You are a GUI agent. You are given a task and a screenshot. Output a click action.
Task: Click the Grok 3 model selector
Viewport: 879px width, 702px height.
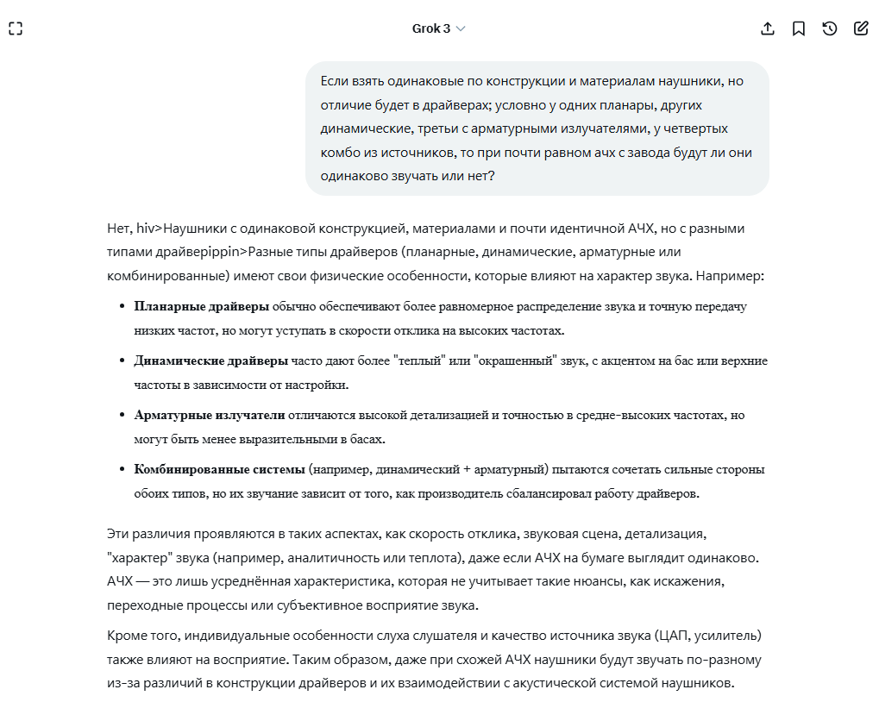pyautogui.click(x=438, y=28)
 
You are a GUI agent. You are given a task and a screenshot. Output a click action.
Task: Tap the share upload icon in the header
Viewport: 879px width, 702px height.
pyautogui.click(x=768, y=28)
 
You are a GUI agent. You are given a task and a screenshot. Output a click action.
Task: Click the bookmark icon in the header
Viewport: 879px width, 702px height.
pyautogui.click(x=799, y=28)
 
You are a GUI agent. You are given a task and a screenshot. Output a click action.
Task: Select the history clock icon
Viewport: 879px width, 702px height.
pyautogui.click(x=830, y=28)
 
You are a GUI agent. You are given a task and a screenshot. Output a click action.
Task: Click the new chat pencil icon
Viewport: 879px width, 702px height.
pyautogui.click(x=861, y=28)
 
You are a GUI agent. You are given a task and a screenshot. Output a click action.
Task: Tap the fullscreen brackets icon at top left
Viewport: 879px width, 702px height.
pyautogui.click(x=16, y=28)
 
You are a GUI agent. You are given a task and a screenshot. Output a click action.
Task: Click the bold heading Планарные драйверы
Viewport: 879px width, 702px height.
pyautogui.click(x=202, y=306)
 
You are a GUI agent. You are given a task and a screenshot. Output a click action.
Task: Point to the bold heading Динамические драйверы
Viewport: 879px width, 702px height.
pyautogui.click(x=210, y=360)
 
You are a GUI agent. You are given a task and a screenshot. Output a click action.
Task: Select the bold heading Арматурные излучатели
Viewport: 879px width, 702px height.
pyautogui.click(x=210, y=415)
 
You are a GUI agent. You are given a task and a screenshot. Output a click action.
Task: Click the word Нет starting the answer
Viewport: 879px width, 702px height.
pyautogui.click(x=119, y=229)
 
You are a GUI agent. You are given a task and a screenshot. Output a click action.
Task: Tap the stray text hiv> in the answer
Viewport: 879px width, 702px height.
pyautogui.click(x=149, y=229)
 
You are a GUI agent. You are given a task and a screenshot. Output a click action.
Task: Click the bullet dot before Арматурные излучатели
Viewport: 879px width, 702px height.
pyautogui.click(x=122, y=416)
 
